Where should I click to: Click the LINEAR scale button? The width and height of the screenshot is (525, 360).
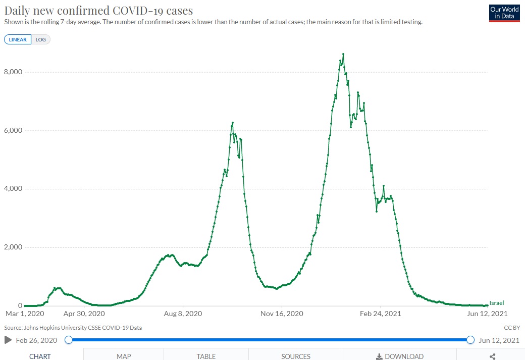pyautogui.click(x=18, y=39)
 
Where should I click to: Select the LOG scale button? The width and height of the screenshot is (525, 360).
pyautogui.click(x=41, y=39)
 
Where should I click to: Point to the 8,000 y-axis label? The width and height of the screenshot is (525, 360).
pyautogui.click(x=13, y=72)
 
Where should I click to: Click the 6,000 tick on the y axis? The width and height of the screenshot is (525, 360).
pyautogui.click(x=13, y=130)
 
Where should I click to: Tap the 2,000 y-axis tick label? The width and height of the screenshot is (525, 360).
pyautogui.click(x=13, y=247)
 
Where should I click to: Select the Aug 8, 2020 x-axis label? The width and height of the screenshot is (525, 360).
pyautogui.click(x=183, y=314)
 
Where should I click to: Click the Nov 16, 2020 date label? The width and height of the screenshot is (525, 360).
pyautogui.click(x=282, y=314)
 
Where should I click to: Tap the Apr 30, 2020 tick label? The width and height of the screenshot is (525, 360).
pyautogui.click(x=84, y=314)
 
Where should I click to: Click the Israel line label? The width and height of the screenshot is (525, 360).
pyautogui.click(x=497, y=303)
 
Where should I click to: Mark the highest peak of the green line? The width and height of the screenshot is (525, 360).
pyautogui.click(x=343, y=54)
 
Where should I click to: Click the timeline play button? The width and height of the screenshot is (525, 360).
pyautogui.click(x=8, y=340)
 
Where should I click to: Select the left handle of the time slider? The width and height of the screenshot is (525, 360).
pyautogui.click(x=68, y=340)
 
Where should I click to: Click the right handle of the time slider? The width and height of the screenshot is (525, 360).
pyautogui.click(x=470, y=340)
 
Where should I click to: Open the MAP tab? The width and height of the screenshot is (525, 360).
pyautogui.click(x=124, y=356)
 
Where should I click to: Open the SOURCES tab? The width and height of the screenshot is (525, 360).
pyautogui.click(x=296, y=356)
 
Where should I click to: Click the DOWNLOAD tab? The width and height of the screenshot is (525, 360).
pyautogui.click(x=400, y=356)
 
